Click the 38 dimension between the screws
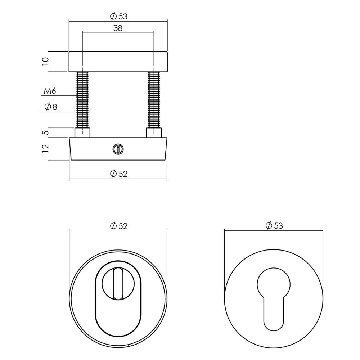click(x=118, y=28)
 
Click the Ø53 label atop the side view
click(x=118, y=16)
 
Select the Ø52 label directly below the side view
click(x=118, y=174)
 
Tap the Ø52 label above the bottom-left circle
click(x=118, y=226)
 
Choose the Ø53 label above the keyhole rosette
click(x=274, y=226)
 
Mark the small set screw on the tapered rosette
click(x=117, y=148)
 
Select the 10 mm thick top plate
click(x=118, y=61)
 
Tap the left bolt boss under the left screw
click(x=82, y=133)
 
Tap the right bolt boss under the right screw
click(x=154, y=133)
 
